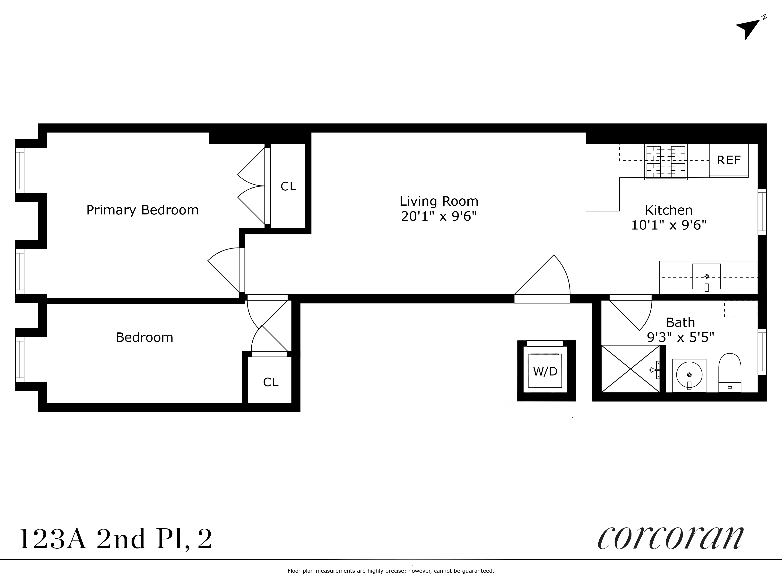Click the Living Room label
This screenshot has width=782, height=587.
(x=439, y=201)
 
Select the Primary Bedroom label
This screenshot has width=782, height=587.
(x=143, y=210)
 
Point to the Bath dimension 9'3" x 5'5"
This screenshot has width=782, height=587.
(x=680, y=337)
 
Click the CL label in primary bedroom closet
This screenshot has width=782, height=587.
(x=288, y=186)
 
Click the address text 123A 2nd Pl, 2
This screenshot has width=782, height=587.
(x=115, y=539)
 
